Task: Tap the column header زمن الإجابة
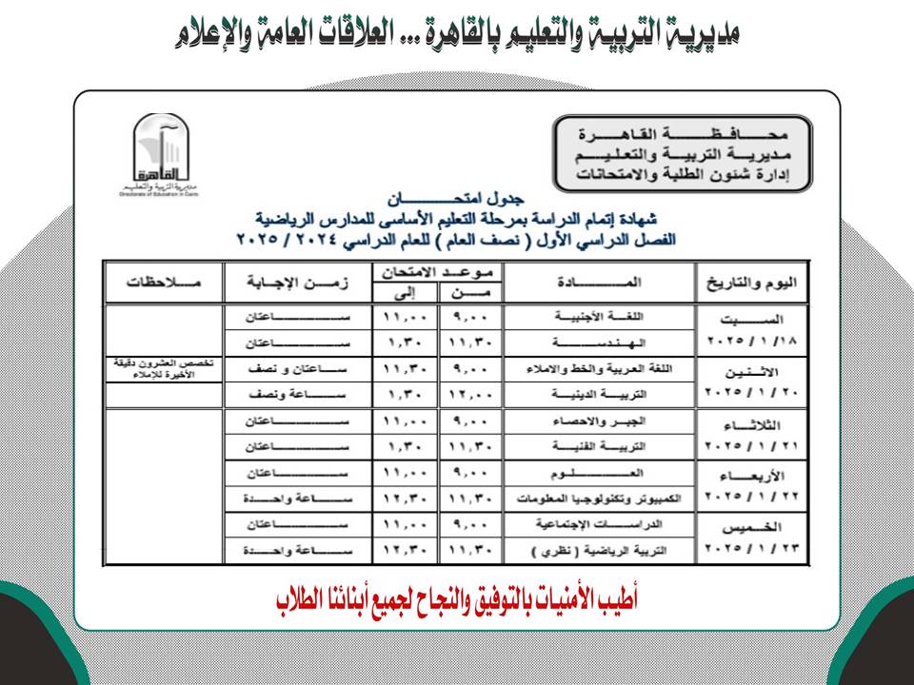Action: coord(297,283)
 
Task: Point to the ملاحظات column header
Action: coord(164,283)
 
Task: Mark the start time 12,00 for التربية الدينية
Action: coord(470,393)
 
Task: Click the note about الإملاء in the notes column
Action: coord(164,369)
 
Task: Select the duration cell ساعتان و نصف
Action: coord(297,367)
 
